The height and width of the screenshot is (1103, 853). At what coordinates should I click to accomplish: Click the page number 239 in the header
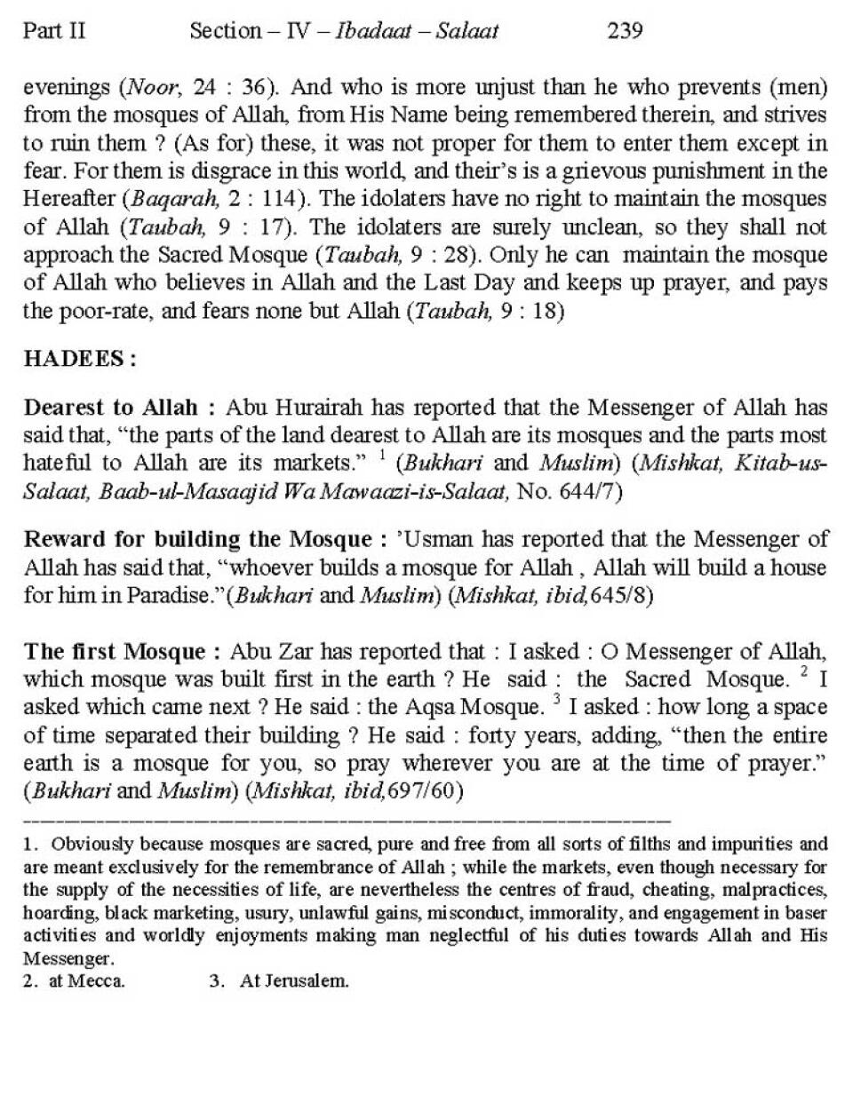(625, 31)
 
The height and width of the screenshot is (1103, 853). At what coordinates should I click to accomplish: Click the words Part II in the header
(54, 31)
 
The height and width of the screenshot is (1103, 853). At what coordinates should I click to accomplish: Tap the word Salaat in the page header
(467, 31)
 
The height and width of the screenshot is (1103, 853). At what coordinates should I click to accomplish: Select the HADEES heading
(79, 359)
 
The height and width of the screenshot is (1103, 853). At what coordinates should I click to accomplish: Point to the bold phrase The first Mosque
(115, 651)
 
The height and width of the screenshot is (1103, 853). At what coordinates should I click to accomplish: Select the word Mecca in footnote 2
(98, 981)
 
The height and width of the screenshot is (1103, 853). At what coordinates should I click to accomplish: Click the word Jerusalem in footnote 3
(307, 981)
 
